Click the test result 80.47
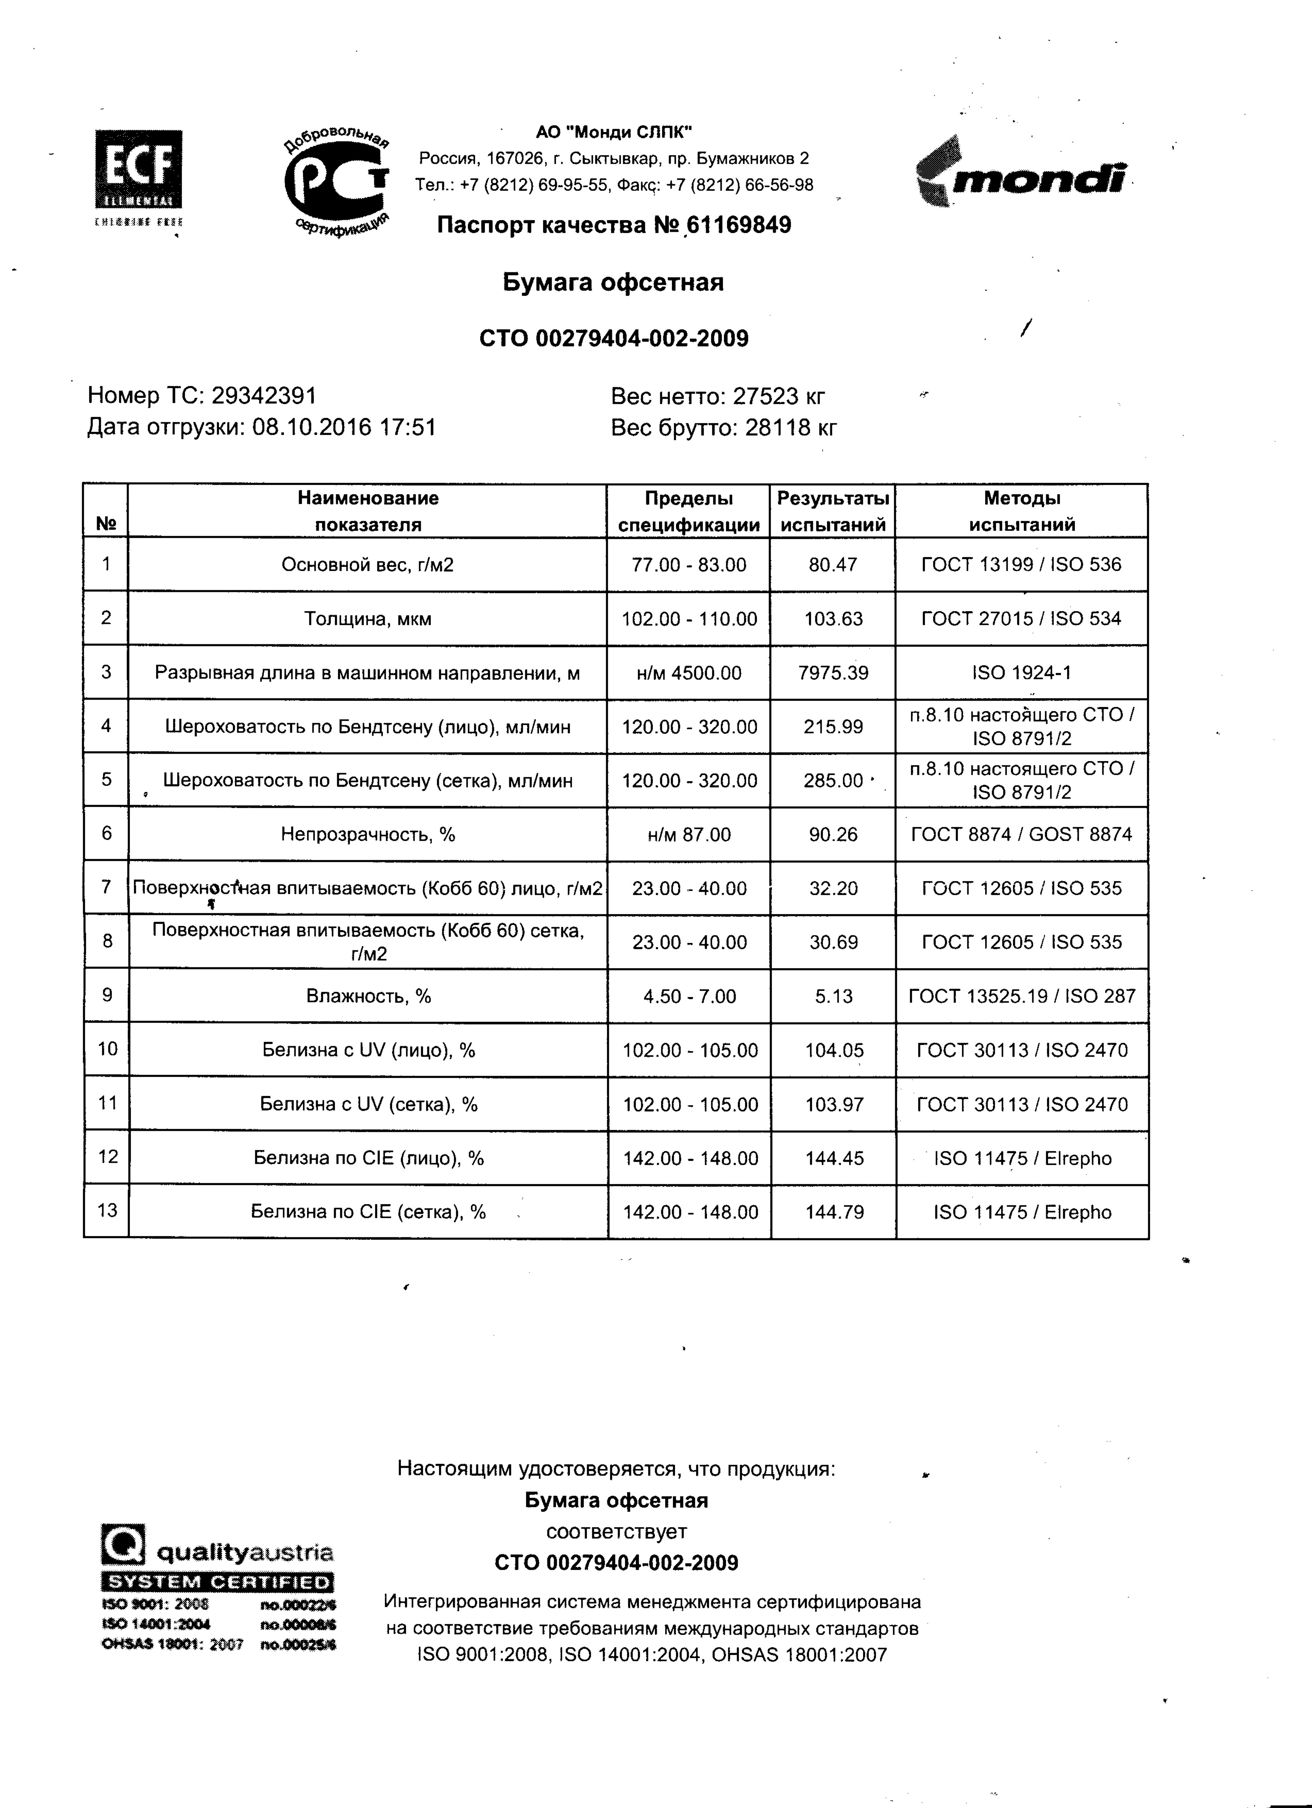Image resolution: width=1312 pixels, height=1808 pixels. point(833,565)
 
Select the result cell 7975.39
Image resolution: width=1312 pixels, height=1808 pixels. point(833,673)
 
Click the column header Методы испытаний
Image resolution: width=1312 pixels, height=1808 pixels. point(1022,511)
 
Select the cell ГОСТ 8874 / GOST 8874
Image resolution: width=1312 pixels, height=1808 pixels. point(1022,834)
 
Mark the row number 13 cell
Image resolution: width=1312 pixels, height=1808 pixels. point(107,1211)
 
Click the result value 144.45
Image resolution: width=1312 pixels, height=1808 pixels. point(834,1158)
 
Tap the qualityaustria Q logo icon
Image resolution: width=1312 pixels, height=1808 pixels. point(124,1544)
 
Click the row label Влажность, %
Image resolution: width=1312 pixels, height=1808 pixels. point(368,996)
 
